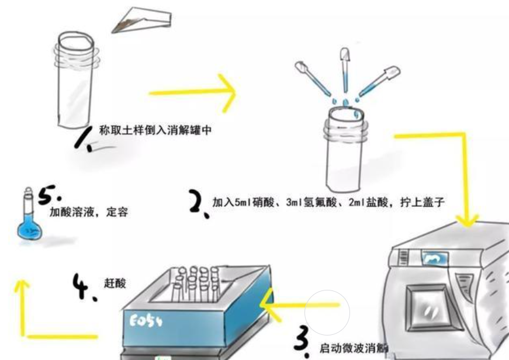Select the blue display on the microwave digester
(x=434, y=256)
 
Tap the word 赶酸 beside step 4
(x=116, y=283)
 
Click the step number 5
(x=49, y=196)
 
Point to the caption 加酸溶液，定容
(x=88, y=213)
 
